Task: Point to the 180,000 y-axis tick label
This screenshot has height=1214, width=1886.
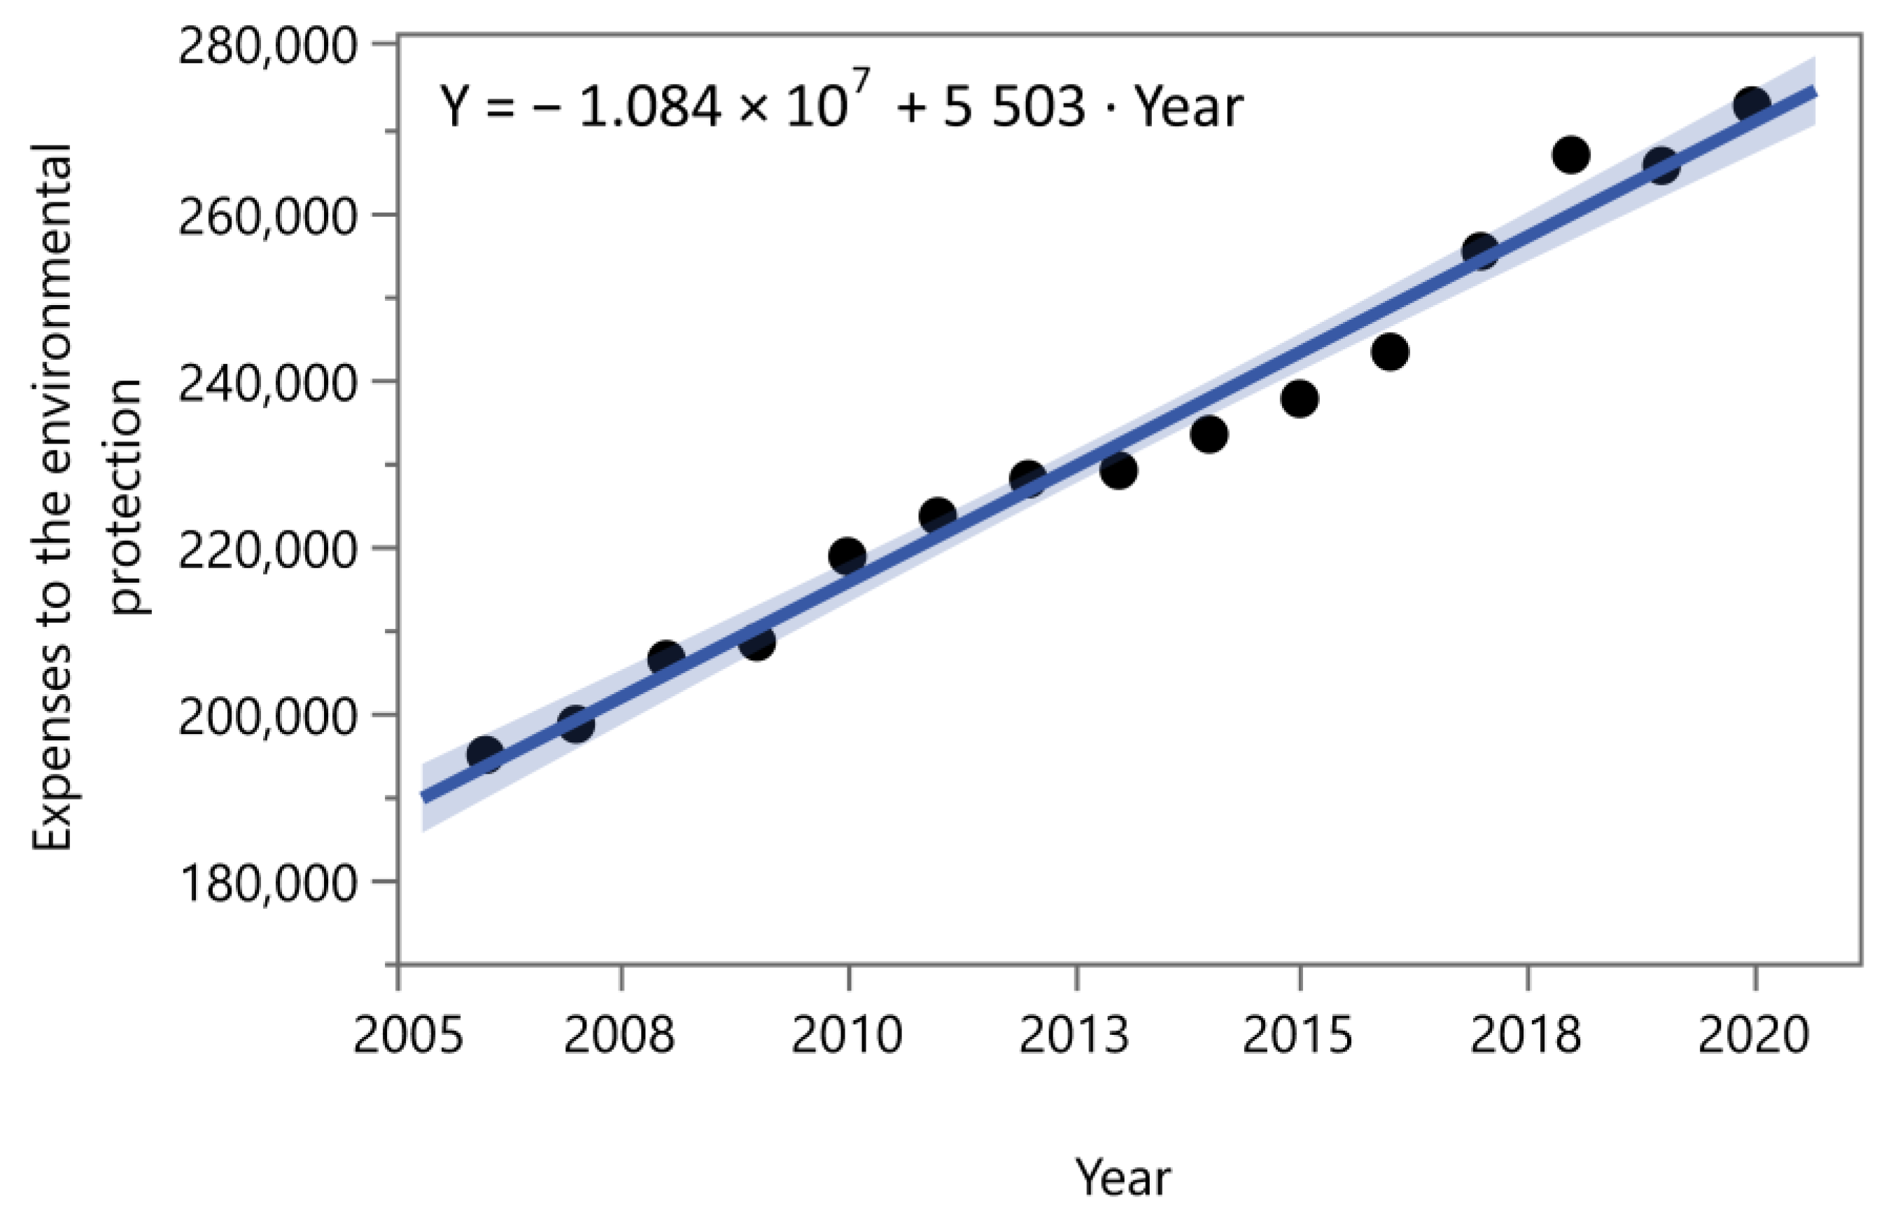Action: [x=268, y=883]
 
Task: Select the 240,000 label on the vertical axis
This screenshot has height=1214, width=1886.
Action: [x=268, y=385]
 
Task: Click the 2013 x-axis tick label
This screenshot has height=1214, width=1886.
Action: [x=1074, y=1034]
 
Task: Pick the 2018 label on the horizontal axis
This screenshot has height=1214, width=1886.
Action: [x=1525, y=1034]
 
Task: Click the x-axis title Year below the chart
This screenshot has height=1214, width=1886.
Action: [x=1123, y=1178]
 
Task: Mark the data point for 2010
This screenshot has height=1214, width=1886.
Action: [x=847, y=555]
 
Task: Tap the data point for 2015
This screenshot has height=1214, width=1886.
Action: [x=1300, y=399]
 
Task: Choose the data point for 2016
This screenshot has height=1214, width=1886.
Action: [x=1389, y=351]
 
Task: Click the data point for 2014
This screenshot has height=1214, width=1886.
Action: [x=1209, y=434]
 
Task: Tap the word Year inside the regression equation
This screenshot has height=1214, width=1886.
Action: [x=1189, y=107]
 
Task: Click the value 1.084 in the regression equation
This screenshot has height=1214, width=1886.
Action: [x=649, y=107]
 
